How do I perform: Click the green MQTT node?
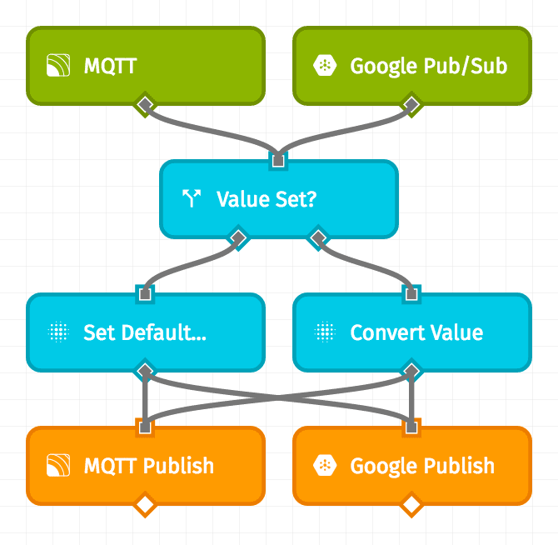click(x=146, y=66)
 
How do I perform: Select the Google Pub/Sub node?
click(x=411, y=66)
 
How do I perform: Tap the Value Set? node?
click(x=278, y=198)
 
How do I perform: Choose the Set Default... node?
click(x=146, y=332)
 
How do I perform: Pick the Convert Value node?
click(x=411, y=332)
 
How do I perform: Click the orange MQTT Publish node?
click(x=146, y=466)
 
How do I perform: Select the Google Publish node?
click(x=411, y=466)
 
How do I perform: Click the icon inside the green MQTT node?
click(x=57, y=66)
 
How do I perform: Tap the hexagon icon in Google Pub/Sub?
click(x=324, y=66)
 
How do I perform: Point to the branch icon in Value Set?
click(x=192, y=198)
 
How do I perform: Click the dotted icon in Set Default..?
click(x=57, y=332)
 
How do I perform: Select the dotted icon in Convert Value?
click(x=324, y=332)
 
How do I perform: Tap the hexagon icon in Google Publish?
click(x=324, y=466)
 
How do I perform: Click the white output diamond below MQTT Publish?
click(x=146, y=504)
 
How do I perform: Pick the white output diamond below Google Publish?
click(x=411, y=504)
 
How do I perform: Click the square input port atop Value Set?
click(x=278, y=160)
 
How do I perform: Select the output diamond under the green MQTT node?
click(x=146, y=104)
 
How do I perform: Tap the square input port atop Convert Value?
click(x=411, y=293)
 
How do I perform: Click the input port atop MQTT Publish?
click(x=146, y=427)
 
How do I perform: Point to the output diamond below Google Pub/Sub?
click(x=411, y=104)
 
